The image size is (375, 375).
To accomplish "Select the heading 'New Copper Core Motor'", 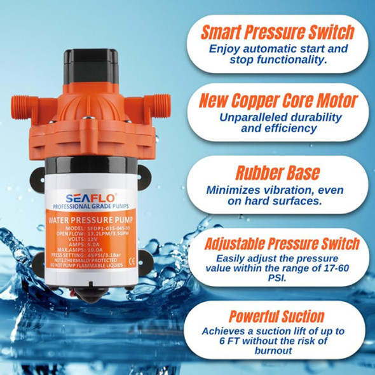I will pos(277,101).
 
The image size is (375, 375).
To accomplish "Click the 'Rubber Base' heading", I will pos(277,174).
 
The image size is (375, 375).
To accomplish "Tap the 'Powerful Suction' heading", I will pos(277,316).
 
